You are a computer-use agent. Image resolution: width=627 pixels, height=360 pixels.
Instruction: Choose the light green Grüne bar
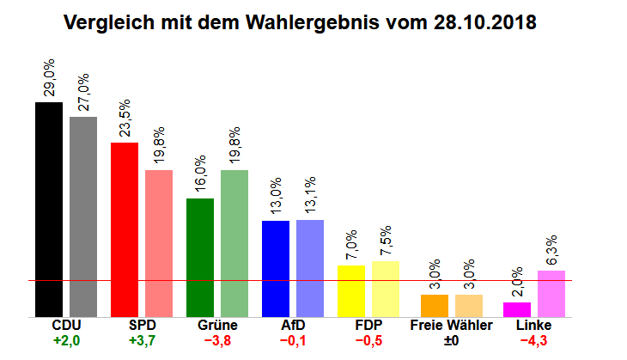(234, 243)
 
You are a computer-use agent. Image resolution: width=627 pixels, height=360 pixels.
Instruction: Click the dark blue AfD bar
(275, 268)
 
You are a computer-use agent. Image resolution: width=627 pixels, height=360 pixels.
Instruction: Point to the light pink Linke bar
(551, 294)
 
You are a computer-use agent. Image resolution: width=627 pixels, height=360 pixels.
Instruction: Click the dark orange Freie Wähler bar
(434, 306)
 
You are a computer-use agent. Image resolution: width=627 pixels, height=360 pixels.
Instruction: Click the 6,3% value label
(551, 250)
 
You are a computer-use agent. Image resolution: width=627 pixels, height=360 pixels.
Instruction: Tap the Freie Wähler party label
(451, 326)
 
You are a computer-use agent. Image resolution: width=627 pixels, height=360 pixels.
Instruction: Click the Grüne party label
(217, 326)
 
